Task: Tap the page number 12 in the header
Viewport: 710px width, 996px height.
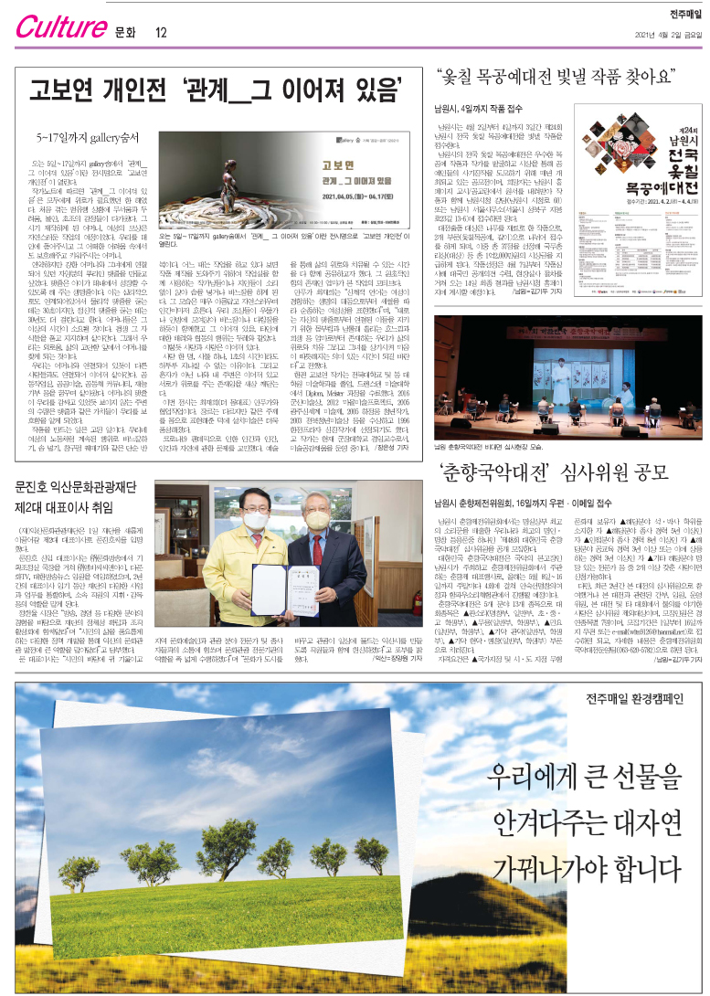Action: [x=161, y=33]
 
